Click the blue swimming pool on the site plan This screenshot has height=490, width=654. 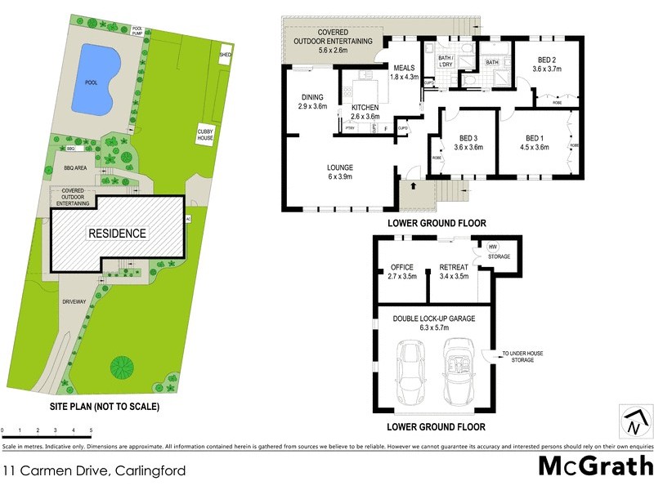pyautogui.click(x=92, y=79)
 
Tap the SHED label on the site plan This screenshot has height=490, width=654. pyautogui.click(x=225, y=55)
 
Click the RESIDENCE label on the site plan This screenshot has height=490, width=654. pyautogui.click(x=117, y=234)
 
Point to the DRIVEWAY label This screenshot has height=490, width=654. pyautogui.click(x=74, y=301)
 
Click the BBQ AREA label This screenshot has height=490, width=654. pyautogui.click(x=75, y=167)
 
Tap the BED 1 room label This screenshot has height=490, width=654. pyautogui.click(x=533, y=142)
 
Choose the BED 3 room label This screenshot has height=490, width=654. pyautogui.click(x=468, y=142)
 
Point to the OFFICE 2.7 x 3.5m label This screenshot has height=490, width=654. pyautogui.click(x=401, y=272)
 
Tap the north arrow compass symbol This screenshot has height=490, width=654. pyautogui.click(x=635, y=423)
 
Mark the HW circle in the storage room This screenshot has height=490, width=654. pyautogui.click(x=493, y=247)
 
